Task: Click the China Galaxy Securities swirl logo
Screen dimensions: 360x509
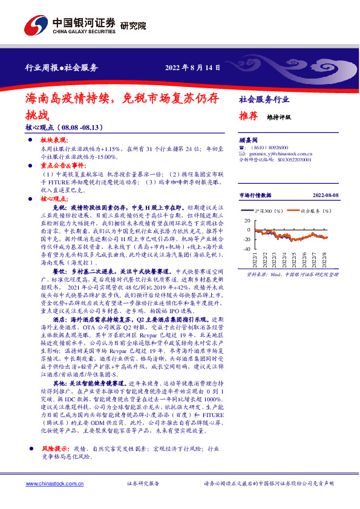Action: pyautogui.click(x=36, y=25)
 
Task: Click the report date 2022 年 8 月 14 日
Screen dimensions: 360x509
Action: pyautogui.click(x=193, y=67)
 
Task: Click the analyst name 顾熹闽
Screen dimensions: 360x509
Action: pyautogui.click(x=249, y=138)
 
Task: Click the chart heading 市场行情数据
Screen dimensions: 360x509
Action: pyautogui.click(x=255, y=195)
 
